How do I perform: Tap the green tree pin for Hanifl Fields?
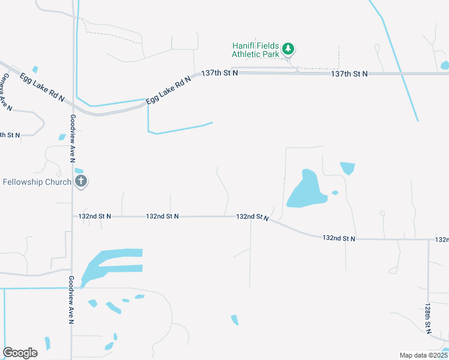tap(289, 48)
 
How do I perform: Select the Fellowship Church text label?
tap(37, 182)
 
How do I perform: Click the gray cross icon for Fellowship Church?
tap(82, 181)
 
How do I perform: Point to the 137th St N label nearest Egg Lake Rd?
tap(219, 73)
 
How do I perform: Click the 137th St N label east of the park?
tap(349, 73)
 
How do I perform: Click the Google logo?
tap(20, 353)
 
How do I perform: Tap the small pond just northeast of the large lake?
tap(347, 168)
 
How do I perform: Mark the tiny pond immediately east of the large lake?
tap(335, 193)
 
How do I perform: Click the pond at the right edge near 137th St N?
tap(445, 65)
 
